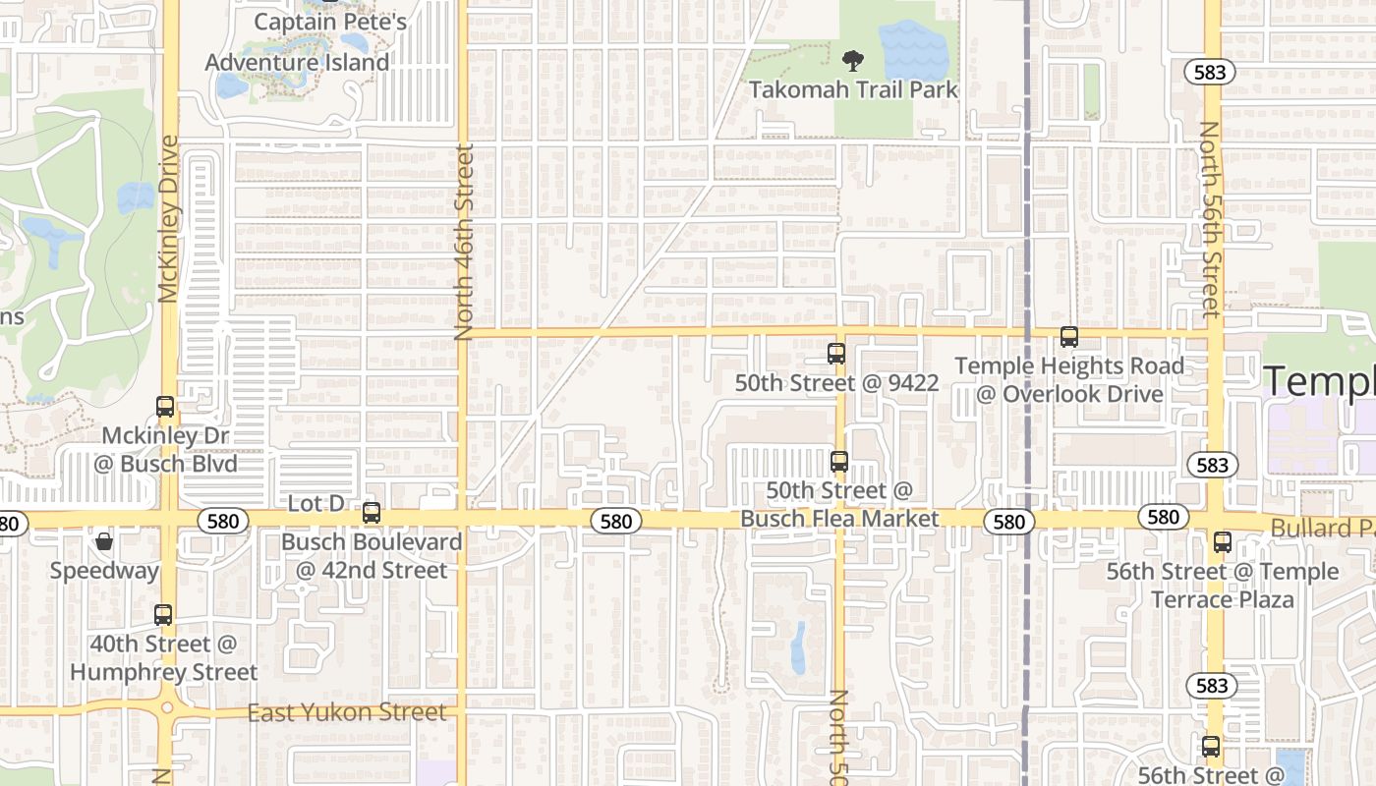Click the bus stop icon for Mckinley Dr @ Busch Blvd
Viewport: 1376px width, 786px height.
165,406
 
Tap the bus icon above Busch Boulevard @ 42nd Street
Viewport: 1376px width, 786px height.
371,512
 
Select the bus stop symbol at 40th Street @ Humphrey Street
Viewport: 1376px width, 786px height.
163,615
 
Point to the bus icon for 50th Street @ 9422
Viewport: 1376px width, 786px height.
836,354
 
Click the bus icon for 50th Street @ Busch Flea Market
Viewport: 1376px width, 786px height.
838,461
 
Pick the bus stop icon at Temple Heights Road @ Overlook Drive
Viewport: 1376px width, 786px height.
1068,337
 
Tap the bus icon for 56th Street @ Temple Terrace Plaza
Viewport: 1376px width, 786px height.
1222,541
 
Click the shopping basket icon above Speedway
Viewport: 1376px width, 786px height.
104,541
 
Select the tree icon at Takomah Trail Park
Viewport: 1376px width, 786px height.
852,61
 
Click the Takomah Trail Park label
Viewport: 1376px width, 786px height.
852,89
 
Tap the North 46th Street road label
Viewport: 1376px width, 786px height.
464,242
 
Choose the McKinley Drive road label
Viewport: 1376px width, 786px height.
168,218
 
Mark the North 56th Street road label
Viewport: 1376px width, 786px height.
1208,219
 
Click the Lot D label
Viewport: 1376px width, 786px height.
315,503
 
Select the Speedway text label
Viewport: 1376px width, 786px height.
104,571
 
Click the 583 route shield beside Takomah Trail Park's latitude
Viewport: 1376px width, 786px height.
1210,72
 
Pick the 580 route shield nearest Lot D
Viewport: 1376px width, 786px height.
223,521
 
